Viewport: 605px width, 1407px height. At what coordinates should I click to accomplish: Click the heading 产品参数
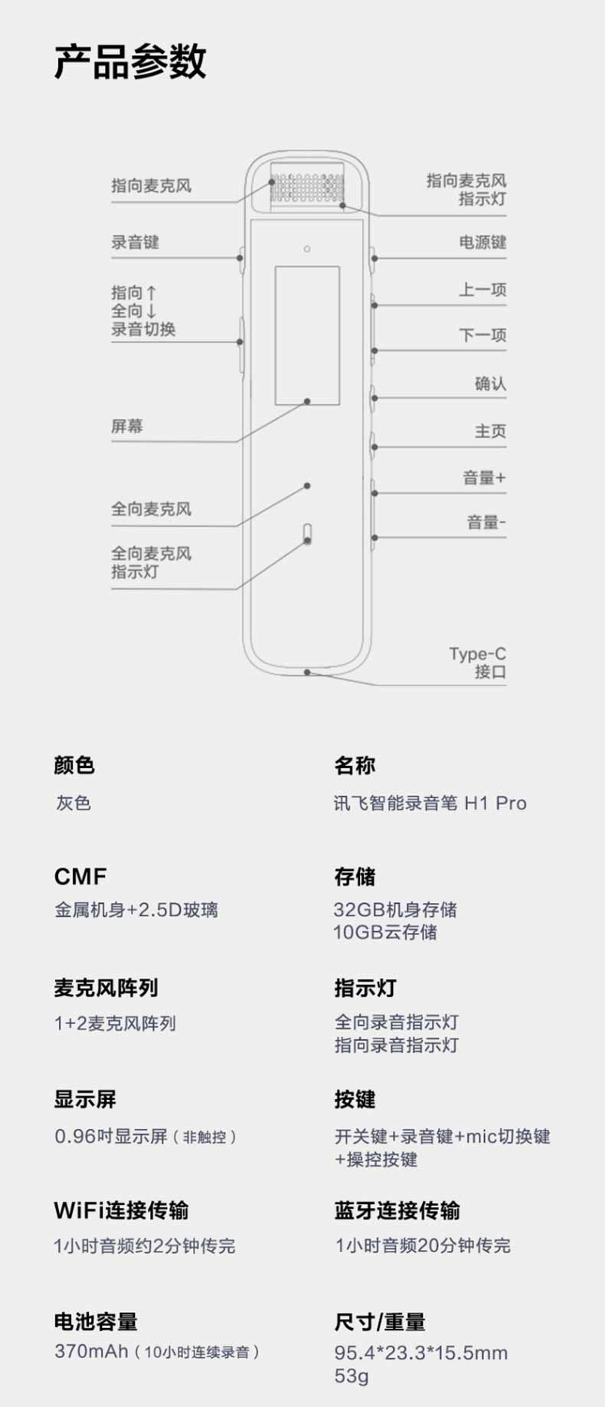pos(130,62)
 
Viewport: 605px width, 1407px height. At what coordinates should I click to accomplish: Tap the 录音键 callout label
pos(135,242)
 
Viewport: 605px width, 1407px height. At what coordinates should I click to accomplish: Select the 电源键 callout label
pos(482,242)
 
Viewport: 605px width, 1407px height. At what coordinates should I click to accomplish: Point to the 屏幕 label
pos(127,426)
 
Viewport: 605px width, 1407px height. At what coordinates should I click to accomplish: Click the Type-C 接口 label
pos(478,663)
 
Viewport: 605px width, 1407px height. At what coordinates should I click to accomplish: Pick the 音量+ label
pos(484,478)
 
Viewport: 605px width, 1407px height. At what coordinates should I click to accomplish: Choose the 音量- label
pos(486,522)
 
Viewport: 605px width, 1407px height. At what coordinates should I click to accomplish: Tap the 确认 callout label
pos(490,383)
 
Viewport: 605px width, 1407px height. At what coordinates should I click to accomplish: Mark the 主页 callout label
pos(490,430)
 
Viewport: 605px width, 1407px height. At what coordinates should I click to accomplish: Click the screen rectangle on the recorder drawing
pos(307,335)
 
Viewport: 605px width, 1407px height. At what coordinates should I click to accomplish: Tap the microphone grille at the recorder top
pos(307,188)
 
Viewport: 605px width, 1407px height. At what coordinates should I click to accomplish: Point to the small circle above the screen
pos(307,249)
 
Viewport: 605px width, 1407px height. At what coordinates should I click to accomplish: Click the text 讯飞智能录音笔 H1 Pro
pos(430,803)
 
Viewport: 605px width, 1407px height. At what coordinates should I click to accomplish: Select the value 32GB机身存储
pos(395,909)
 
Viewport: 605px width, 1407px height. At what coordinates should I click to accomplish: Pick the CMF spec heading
pos(80,876)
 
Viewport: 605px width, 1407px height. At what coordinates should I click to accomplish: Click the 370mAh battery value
pos(91,1350)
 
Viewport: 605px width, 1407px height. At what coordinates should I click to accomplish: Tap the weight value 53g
pos(352,1376)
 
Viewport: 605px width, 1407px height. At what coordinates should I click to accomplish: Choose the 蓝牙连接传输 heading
pos(397,1210)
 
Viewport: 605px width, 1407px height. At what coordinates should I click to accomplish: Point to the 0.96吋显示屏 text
pos(111,1136)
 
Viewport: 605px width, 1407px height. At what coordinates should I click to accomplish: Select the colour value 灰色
pos(73,803)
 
